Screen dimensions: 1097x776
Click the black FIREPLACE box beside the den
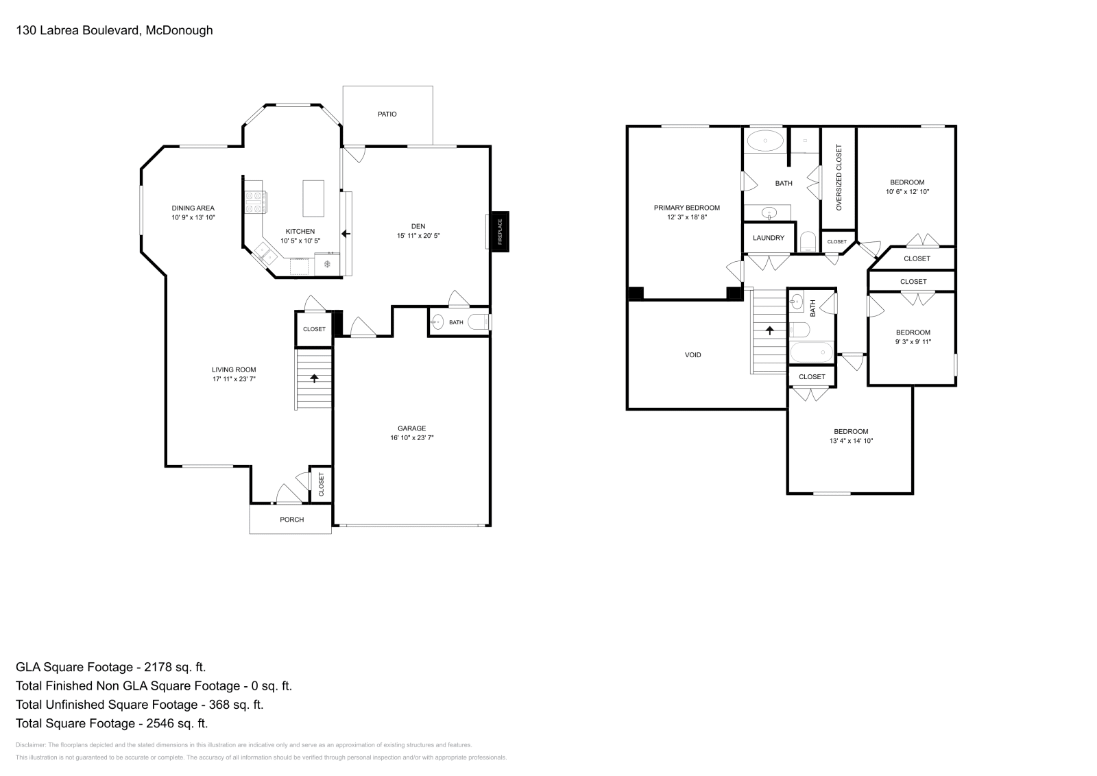point(500,232)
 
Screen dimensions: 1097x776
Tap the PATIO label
point(387,114)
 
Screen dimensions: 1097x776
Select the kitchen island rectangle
point(313,198)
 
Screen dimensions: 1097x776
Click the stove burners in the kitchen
point(256,202)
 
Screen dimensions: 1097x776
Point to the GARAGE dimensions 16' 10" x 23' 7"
point(412,437)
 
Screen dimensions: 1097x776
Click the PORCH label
point(292,520)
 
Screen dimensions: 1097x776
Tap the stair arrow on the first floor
point(314,378)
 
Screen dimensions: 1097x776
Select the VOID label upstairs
point(693,355)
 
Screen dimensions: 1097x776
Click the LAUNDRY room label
point(769,238)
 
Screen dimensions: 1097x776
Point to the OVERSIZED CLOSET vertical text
point(839,178)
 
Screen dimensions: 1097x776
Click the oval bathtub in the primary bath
point(765,141)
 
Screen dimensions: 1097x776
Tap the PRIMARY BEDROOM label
point(686,208)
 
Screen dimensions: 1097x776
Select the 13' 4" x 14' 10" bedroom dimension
point(851,441)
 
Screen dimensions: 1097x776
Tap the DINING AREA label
point(193,208)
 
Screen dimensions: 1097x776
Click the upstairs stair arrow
point(769,330)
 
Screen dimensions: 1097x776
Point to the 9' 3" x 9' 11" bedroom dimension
point(913,342)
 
